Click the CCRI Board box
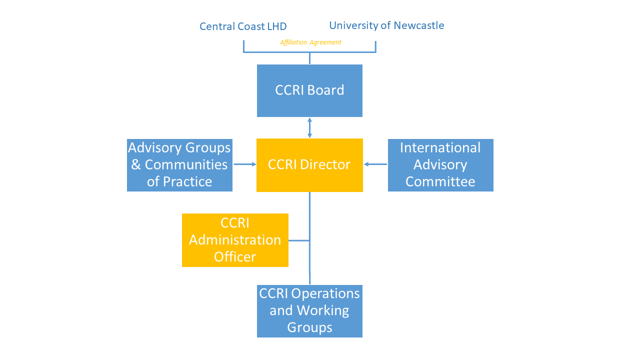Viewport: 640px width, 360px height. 309,90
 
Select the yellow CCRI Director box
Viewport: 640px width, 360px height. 309,165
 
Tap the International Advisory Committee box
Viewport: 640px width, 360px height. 440,165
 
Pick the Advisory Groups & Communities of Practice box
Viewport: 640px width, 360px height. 179,165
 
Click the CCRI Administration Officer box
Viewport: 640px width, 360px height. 235,240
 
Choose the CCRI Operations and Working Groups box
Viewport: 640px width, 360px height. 309,311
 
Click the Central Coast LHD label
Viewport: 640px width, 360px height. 243,26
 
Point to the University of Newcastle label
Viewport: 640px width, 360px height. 386,25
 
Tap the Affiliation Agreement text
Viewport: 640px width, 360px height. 310,42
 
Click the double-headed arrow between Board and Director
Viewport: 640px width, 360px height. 309,127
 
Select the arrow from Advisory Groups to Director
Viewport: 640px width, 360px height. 244,164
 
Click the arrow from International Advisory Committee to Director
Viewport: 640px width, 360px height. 375,164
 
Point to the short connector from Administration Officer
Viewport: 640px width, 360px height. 299,240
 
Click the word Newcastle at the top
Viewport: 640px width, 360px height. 419,25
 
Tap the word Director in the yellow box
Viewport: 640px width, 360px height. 327,165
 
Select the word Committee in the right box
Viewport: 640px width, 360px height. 440,182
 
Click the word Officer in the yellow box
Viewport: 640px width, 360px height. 235,257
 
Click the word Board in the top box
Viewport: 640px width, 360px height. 325,90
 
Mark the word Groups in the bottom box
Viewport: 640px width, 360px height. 309,327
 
